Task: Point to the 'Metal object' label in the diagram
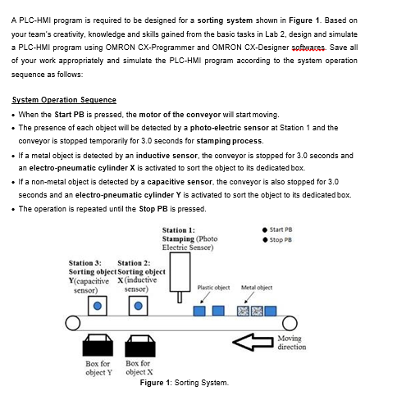coord(258,287)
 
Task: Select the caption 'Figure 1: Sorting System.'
coord(185,383)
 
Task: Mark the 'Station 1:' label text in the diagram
coord(179,230)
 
